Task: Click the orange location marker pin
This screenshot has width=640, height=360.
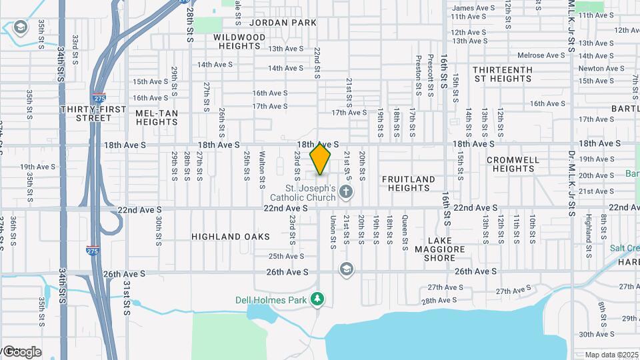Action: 321,159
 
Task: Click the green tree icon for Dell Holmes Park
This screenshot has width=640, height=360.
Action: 319,299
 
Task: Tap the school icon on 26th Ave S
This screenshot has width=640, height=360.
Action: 345,269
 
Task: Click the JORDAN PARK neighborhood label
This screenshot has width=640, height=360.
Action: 289,23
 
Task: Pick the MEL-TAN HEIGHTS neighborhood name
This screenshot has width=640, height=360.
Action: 157,117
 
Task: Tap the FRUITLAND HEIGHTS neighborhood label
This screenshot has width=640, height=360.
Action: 408,183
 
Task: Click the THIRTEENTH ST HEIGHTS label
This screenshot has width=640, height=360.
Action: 502,74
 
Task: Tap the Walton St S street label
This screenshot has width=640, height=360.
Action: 263,167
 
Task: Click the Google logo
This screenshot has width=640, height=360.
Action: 21,352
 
